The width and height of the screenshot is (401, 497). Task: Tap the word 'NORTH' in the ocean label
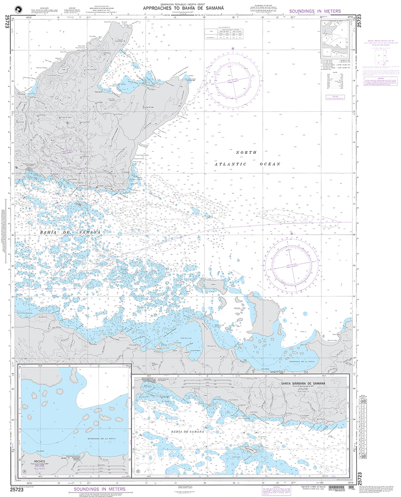(x=245, y=152)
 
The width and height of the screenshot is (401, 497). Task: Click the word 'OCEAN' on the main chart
(x=270, y=165)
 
